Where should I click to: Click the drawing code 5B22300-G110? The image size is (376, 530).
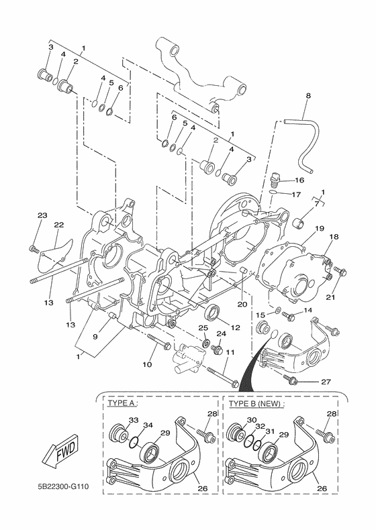tap(63, 486)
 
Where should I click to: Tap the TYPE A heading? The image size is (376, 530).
tap(122, 403)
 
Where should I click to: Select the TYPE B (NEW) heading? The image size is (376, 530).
tap(256, 404)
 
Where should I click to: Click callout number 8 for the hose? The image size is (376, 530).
tap(308, 96)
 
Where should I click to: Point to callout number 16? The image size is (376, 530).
tap(299, 180)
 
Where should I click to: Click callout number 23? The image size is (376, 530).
tap(42, 215)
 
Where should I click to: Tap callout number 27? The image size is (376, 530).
tap(326, 382)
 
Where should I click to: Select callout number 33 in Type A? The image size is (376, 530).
tap(134, 420)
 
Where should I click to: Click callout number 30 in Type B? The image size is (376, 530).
tap(252, 420)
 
